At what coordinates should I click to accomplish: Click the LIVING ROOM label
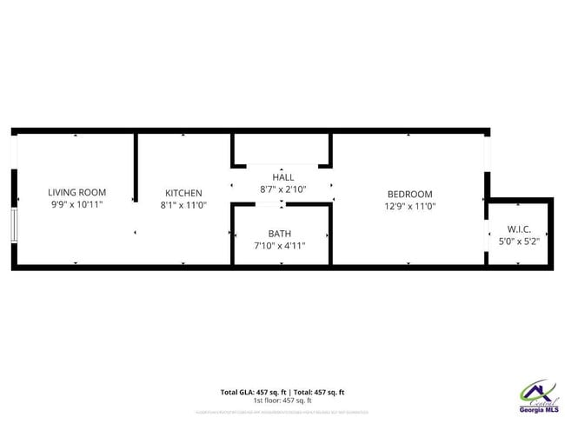(76, 193)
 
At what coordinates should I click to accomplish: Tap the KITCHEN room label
(183, 193)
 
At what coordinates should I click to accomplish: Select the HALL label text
(282, 176)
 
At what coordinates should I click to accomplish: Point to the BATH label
(280, 234)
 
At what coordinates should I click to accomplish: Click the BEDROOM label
(409, 194)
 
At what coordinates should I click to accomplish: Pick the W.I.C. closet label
(520, 229)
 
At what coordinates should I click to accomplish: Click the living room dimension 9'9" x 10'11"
(76, 205)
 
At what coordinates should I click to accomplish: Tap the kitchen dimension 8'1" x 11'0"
(183, 206)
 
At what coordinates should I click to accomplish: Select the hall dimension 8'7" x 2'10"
(282, 189)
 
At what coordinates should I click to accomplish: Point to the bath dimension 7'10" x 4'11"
(280, 246)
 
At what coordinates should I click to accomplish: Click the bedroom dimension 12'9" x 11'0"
(409, 207)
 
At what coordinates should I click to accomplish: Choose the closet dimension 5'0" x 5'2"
(520, 242)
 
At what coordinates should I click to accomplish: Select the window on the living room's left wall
(14, 224)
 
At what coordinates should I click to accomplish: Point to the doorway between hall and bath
(269, 204)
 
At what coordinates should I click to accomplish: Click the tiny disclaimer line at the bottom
(282, 411)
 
